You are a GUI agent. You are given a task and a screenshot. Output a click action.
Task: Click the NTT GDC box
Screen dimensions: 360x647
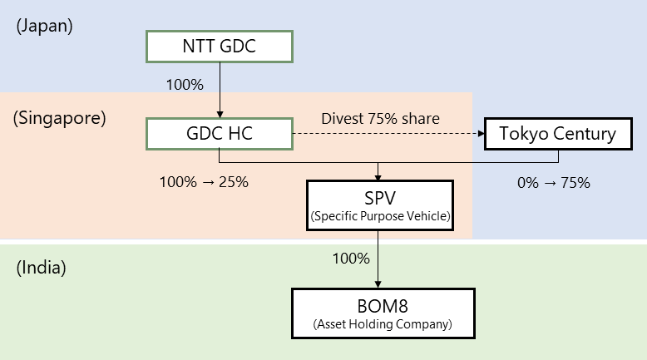point(220,47)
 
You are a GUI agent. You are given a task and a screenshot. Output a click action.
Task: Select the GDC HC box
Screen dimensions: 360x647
point(220,133)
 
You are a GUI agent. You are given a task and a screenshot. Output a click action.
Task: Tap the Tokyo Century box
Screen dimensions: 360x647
point(558,133)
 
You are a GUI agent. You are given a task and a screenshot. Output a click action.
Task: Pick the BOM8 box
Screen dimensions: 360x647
point(383,313)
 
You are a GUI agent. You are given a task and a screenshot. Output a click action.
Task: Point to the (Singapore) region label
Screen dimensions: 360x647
point(60,118)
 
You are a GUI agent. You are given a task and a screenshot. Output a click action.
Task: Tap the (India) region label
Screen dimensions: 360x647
point(41,268)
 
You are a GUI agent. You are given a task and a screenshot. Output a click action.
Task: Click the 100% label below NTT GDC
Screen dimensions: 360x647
point(185,85)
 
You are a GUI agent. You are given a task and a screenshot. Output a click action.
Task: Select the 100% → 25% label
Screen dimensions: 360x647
point(204,181)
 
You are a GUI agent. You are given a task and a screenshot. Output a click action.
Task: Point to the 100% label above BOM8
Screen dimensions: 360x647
point(350,258)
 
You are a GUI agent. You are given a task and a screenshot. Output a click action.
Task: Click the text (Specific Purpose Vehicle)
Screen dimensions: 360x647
point(379,217)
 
